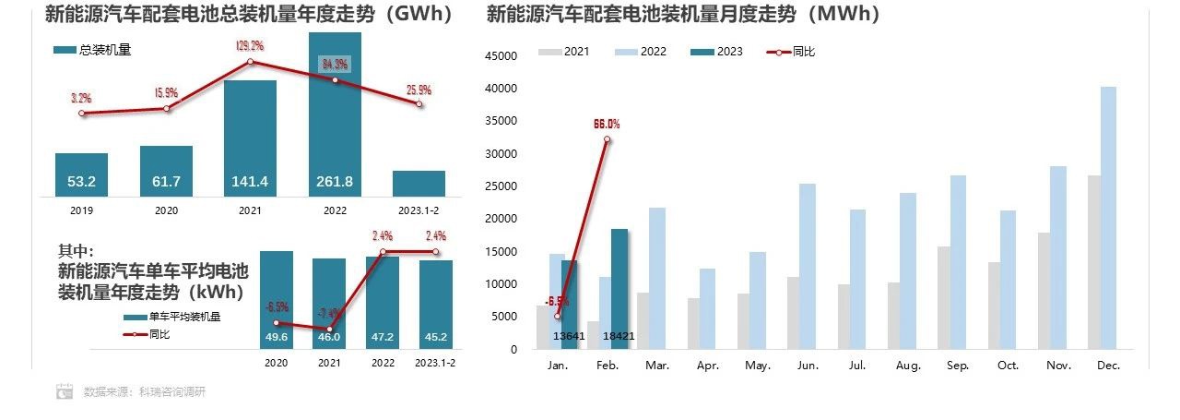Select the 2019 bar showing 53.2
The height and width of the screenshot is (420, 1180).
[x=81, y=174]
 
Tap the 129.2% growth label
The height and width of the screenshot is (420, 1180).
[x=250, y=44]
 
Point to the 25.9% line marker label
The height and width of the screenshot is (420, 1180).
[x=419, y=90]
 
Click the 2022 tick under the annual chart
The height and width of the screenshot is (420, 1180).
[x=335, y=210]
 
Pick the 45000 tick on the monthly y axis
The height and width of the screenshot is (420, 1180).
[x=502, y=55]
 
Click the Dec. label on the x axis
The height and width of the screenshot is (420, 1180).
[x=1109, y=366]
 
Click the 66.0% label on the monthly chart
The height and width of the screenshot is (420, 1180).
[x=607, y=124]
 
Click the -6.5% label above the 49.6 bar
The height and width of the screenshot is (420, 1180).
[x=277, y=306]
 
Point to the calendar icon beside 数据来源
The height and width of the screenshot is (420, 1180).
[x=65, y=391]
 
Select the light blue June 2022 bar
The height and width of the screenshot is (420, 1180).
[x=808, y=267]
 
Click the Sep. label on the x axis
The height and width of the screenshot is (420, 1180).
[x=958, y=366]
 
